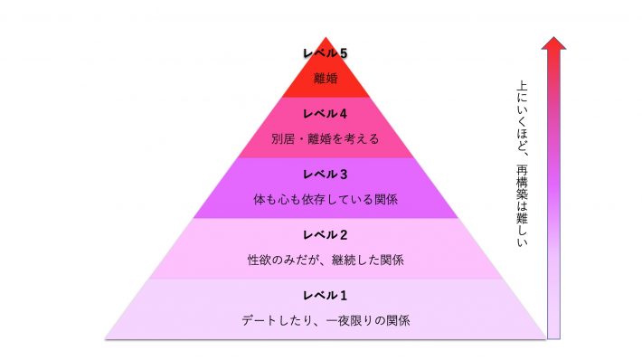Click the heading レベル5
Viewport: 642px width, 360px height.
pos(325,52)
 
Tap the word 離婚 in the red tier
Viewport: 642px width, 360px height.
pos(325,79)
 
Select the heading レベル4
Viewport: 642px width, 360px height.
pos(325,113)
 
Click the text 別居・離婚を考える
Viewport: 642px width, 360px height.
pos(325,139)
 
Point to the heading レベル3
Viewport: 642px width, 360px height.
pos(325,174)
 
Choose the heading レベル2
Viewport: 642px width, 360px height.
pos(325,234)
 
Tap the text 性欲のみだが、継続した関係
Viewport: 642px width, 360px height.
pos(325,261)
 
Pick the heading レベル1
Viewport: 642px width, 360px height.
pos(325,295)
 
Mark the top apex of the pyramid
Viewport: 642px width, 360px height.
pos(326,38)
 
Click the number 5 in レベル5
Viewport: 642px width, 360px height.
pos(344,52)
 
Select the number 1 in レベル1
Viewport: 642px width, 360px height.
pos(344,295)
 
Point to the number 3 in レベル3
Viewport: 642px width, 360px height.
pos(344,174)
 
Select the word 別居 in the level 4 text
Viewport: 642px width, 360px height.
pos(283,139)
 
